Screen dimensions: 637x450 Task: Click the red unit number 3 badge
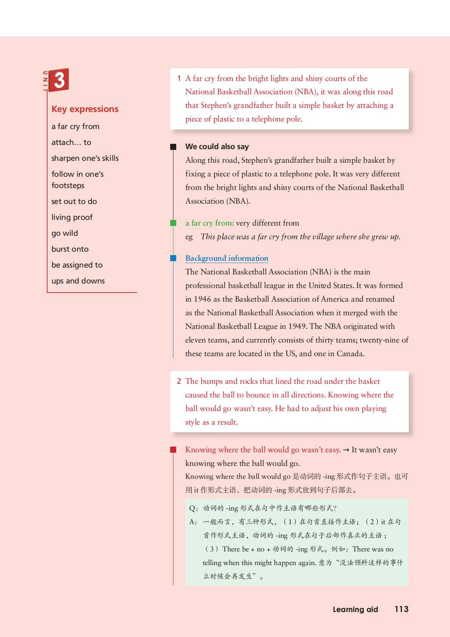59,80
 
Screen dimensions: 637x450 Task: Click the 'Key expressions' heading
85,109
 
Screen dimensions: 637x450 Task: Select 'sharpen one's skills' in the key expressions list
85,158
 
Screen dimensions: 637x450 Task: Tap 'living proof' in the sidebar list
72,217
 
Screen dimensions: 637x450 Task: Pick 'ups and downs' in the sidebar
78,281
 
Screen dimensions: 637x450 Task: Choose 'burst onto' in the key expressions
70,249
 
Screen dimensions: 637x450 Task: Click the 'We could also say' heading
217,146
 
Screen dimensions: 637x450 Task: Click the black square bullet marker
173,147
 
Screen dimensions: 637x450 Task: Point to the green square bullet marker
173,223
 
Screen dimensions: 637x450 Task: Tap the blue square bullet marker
173,258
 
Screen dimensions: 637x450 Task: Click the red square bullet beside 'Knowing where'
173,450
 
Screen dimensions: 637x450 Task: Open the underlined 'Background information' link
227,258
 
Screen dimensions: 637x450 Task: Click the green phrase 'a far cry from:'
209,223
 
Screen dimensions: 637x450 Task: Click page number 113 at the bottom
401,609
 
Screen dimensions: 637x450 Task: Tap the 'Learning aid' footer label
355,609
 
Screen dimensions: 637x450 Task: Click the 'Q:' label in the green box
194,508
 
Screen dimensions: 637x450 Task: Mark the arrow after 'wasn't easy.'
346,450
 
